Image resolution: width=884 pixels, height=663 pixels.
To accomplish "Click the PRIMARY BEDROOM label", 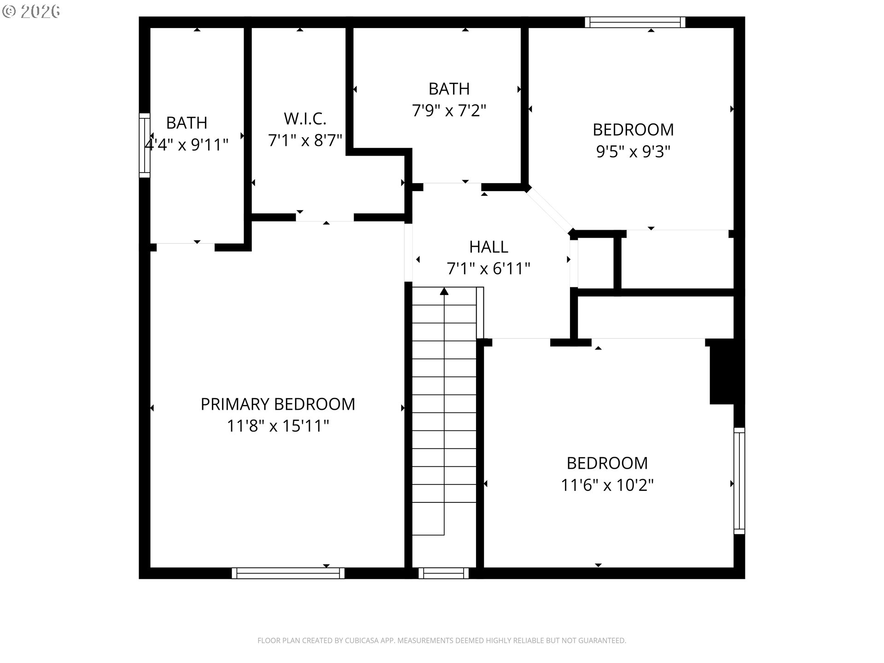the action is click(x=278, y=404).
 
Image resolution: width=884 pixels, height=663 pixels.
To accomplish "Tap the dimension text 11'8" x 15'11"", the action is click(x=278, y=426).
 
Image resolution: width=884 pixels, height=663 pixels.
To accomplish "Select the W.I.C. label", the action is click(x=305, y=119).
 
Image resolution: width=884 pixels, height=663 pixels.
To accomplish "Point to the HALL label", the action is click(x=489, y=247).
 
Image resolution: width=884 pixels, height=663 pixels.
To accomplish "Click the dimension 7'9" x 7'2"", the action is click(x=449, y=110).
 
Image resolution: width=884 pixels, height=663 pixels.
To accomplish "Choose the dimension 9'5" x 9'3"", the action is click(x=633, y=151).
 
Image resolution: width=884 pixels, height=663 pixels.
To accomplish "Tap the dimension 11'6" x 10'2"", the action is click(x=607, y=485).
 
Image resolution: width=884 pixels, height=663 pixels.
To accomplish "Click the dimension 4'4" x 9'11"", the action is click(x=186, y=145).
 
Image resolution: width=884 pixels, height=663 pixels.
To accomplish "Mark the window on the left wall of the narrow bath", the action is click(x=145, y=145).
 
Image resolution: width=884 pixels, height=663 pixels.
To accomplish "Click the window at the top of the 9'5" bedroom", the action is click(x=635, y=22).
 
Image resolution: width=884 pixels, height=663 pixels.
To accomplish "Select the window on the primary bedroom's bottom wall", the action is click(x=288, y=573).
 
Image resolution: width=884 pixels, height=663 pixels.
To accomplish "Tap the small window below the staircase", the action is click(x=443, y=573).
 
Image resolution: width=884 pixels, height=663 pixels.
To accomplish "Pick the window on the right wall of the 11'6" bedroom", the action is click(x=739, y=481).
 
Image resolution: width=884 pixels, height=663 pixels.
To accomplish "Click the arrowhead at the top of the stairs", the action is click(x=444, y=291).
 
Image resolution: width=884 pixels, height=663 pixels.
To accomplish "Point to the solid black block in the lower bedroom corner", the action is click(x=721, y=372).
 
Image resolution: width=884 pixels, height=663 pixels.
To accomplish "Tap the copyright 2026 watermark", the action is click(x=31, y=12).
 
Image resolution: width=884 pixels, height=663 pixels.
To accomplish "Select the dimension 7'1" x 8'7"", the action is click(x=305, y=140).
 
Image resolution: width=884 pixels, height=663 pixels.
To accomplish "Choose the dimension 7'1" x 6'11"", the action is click(x=489, y=268).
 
